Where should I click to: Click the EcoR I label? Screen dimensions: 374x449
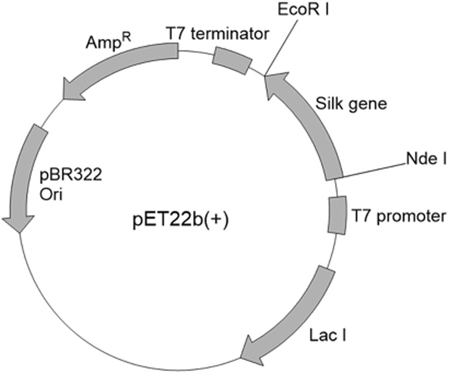pos(304,10)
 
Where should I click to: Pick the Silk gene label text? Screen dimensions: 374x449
pos(352,104)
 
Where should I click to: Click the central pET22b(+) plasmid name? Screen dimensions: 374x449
pos(180,219)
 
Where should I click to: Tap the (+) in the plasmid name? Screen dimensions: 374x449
pos(217,219)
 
